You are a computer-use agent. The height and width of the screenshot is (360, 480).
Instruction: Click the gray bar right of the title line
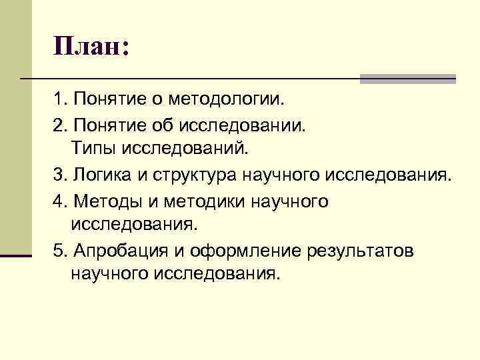tap(407, 79)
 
